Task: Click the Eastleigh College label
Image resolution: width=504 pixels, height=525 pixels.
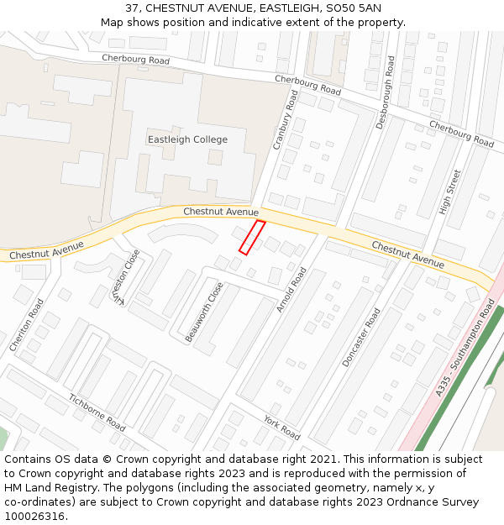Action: [x=187, y=139]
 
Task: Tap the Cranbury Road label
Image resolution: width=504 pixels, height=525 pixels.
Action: [x=286, y=120]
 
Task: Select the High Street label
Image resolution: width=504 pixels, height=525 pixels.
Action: [x=450, y=192]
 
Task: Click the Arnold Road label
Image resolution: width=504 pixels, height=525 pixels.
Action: [x=292, y=288]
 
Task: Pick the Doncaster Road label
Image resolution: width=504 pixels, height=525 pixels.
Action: [x=361, y=337]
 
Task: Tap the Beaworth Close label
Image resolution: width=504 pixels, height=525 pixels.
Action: [x=204, y=312]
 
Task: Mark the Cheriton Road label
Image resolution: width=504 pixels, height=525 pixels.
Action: [x=25, y=325]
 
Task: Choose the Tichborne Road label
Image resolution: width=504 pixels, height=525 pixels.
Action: [x=97, y=412]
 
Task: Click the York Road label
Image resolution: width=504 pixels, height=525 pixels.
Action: [x=281, y=428]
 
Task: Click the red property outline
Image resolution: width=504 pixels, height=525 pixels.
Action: [x=252, y=237]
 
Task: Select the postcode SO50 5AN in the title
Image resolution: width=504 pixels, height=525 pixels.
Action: [x=349, y=8]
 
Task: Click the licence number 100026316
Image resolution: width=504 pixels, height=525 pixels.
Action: [x=34, y=516]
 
